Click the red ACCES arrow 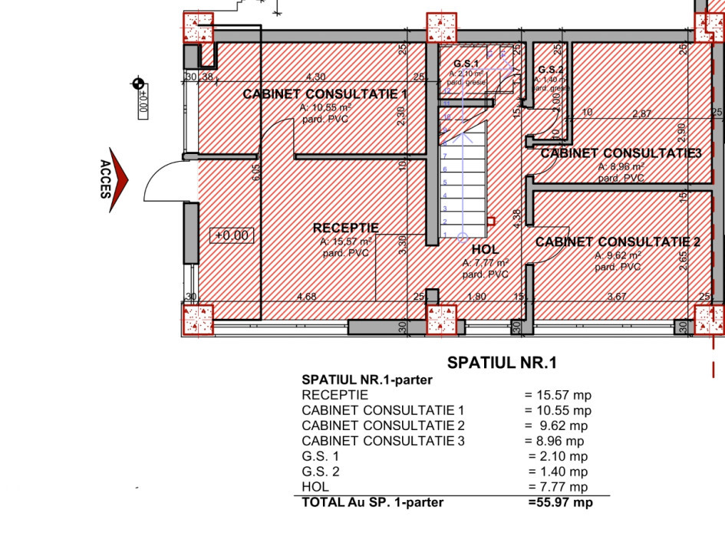tap(119, 180)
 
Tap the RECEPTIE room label tap(345, 228)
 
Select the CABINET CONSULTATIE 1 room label tap(325, 94)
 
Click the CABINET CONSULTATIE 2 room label tap(618, 242)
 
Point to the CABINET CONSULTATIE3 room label tap(621, 153)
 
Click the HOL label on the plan tap(485, 250)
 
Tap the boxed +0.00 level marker tap(232, 235)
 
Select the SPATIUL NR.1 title tap(501, 363)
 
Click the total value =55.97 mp tap(560, 503)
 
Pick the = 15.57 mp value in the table tap(558, 396)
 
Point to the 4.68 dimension tap(306, 297)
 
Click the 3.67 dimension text tap(618, 297)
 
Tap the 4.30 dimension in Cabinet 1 tap(316, 77)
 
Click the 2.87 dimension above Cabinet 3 tap(641, 113)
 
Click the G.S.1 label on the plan tap(466, 63)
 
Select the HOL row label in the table tap(315, 487)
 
